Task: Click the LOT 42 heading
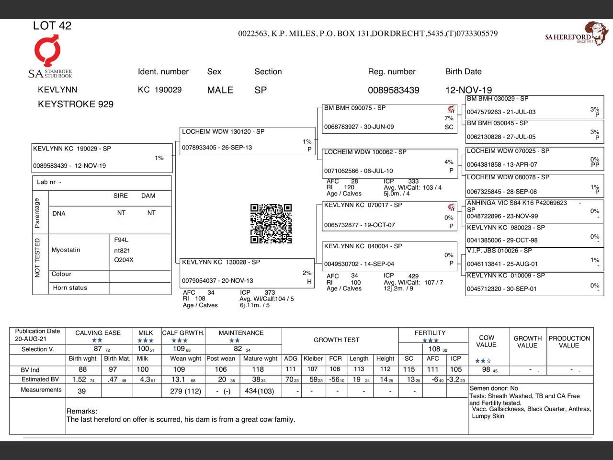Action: coord(52,26)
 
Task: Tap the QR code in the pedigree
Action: coord(271,224)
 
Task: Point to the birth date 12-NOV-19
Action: coord(468,90)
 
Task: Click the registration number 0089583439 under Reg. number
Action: coord(394,90)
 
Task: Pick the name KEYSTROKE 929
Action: coord(76,104)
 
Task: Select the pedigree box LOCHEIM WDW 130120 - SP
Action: coord(247,140)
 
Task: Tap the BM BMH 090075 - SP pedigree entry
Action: coord(388,118)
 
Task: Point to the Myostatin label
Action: coord(66,250)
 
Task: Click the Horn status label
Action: coord(70,288)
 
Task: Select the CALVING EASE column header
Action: coord(98,333)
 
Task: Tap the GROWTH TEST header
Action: coord(336,340)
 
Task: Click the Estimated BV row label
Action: coord(40,379)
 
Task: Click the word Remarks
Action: coord(81,411)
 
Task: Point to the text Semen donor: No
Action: coord(494,388)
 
